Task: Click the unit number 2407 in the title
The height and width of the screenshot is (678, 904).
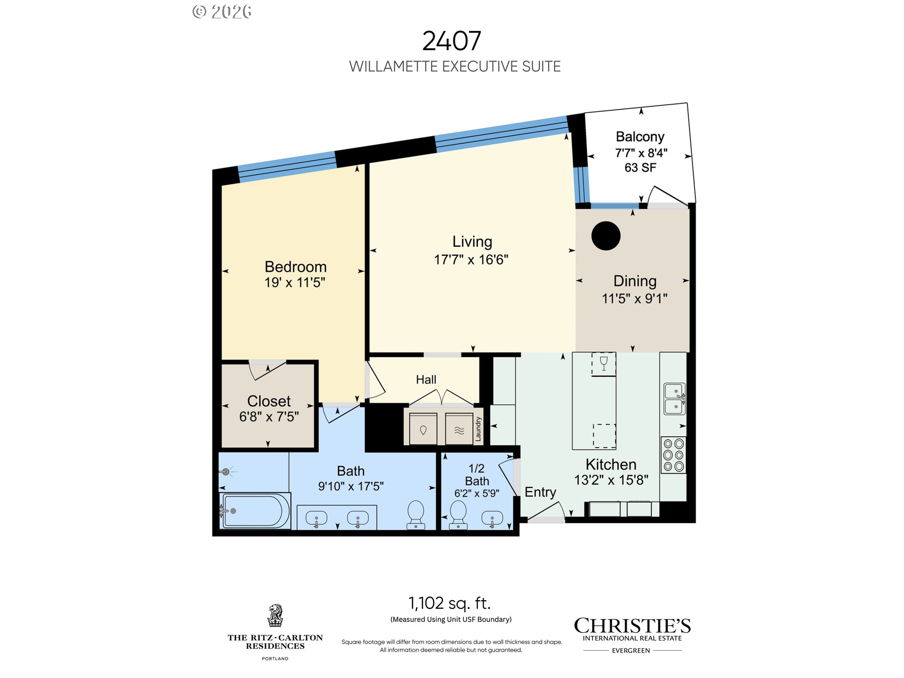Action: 452,41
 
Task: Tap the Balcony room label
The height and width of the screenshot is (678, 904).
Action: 640,137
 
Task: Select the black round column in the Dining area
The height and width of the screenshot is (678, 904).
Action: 606,236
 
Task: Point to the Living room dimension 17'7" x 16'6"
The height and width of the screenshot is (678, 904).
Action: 471,259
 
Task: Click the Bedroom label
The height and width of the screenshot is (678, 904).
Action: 296,266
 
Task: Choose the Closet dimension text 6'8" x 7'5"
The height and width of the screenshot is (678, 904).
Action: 269,417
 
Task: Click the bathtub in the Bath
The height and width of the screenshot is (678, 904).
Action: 255,511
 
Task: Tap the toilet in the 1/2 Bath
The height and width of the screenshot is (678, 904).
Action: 458,515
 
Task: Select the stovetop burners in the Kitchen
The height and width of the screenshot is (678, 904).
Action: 673,455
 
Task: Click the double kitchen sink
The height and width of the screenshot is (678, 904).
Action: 674,399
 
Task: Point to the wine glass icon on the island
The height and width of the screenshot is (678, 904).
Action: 604,363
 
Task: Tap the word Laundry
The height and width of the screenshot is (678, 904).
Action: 478,428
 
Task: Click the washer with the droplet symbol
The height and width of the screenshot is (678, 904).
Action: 423,429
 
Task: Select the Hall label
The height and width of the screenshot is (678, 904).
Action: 426,379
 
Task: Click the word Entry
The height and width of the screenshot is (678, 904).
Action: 541,492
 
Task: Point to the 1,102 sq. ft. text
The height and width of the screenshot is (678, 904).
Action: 450,603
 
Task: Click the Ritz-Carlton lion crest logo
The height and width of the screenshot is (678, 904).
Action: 275,615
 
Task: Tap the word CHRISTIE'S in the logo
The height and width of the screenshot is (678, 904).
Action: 632,626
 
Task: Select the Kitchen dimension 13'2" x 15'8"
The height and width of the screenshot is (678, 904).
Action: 611,480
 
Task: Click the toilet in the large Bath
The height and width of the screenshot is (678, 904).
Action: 416,515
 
